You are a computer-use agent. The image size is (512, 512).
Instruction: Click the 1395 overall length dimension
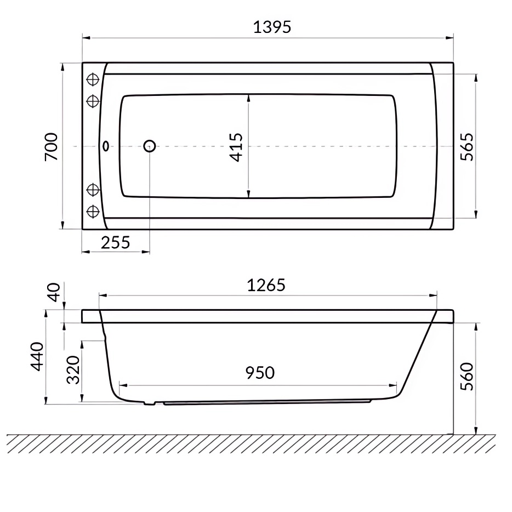coord(271,27)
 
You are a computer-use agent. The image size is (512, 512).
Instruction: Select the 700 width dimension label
coord(51,146)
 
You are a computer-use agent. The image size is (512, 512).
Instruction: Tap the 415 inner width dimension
coord(236,147)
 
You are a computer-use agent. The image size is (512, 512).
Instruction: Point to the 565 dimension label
coord(466,146)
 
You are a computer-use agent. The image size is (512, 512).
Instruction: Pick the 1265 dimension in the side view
coord(266,285)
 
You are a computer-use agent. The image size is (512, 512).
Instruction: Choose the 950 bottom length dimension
coord(259,373)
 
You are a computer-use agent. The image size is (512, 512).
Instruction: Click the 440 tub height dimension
coord(37,356)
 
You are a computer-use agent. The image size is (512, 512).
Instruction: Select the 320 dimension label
coord(73,369)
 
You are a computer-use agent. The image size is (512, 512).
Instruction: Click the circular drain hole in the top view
coord(149,146)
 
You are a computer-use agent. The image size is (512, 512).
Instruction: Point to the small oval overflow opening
coord(106,146)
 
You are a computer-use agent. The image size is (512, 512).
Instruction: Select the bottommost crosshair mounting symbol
coord(93,211)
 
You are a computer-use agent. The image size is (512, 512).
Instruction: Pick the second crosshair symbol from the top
coord(93,101)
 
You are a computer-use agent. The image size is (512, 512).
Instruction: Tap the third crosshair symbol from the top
coord(93,190)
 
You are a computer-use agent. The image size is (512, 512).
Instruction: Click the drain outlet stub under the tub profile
coord(149,403)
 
